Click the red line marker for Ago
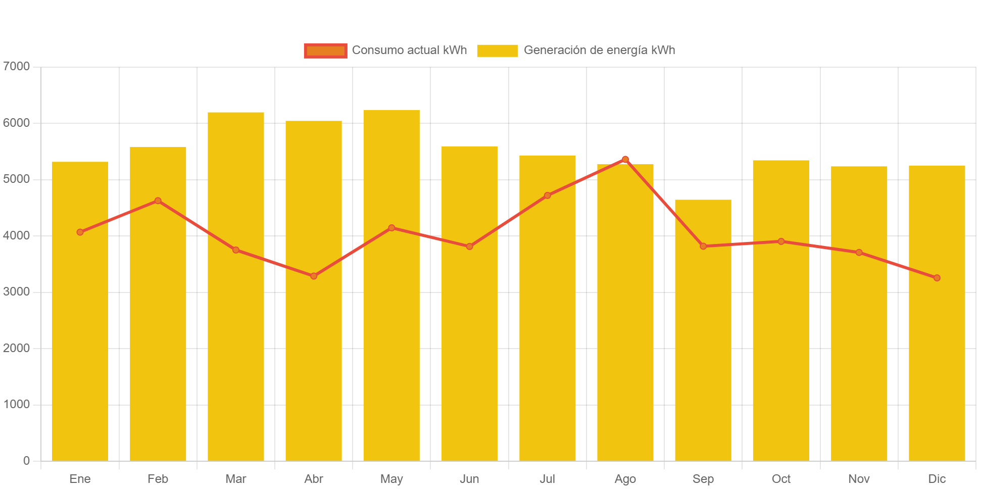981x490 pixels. click(625, 159)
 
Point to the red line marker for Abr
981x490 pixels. click(314, 276)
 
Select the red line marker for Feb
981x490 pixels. click(158, 201)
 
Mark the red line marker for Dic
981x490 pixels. click(937, 278)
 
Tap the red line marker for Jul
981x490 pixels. click(548, 195)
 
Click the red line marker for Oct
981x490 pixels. click(781, 241)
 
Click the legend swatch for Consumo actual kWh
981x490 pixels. click(325, 51)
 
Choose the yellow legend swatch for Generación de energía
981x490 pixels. click(497, 51)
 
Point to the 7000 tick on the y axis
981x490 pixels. click(16, 66)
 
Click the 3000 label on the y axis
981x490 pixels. click(16, 292)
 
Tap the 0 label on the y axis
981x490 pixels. click(26, 461)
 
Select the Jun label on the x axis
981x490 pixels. click(470, 479)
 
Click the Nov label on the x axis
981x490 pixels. click(859, 479)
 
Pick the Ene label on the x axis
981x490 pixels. click(80, 479)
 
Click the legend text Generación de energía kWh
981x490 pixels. click(600, 51)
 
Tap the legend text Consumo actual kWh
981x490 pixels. click(409, 51)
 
